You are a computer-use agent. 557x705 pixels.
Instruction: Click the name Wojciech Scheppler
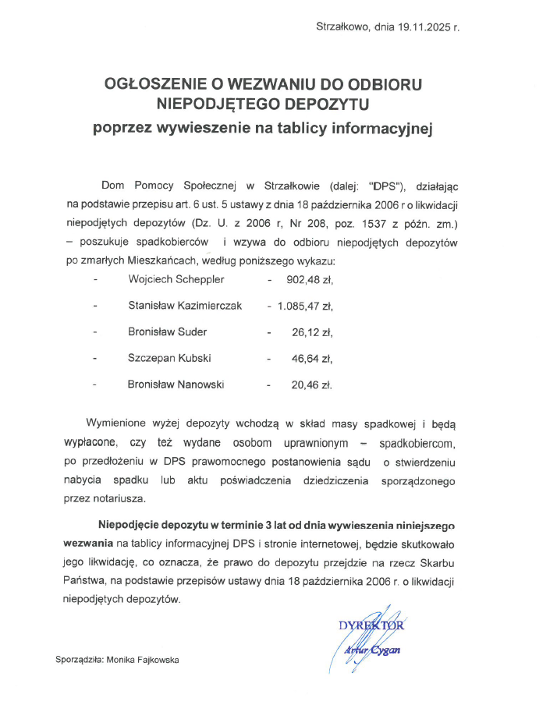click(177, 278)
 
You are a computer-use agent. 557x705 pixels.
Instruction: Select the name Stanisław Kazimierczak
click(185, 305)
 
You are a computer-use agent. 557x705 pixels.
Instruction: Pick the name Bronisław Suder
click(167, 331)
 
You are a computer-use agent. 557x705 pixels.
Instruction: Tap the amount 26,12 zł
click(312, 331)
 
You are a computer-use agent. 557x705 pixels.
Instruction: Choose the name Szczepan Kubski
click(169, 358)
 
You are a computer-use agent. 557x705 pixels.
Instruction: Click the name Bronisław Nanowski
click(176, 384)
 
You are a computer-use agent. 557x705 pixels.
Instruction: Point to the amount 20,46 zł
click(312, 384)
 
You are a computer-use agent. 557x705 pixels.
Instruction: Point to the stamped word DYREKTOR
click(371, 625)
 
